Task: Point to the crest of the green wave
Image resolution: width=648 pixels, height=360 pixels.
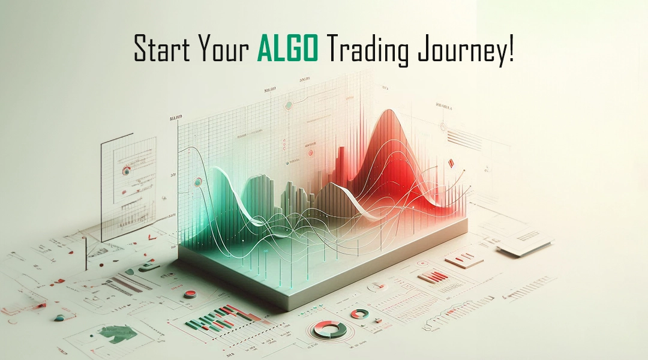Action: click(x=218, y=169)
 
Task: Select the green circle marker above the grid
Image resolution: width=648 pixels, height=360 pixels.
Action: click(x=289, y=106)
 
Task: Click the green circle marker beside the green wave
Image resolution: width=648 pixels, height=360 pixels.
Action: click(x=197, y=182)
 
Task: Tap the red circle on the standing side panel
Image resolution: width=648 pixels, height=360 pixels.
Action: click(x=126, y=170)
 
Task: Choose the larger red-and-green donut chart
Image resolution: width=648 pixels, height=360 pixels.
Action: click(x=330, y=329)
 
